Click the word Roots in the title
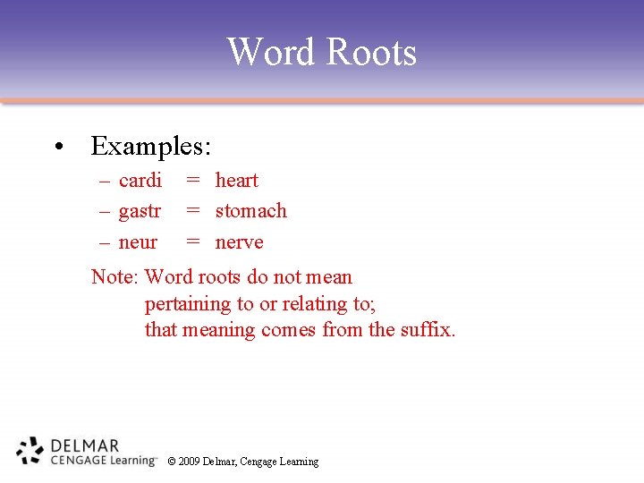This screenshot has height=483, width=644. pos(370,52)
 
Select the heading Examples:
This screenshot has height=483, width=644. pos(150,145)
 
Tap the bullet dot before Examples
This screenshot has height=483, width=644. pos(57,147)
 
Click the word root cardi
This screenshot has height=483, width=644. pos(140,181)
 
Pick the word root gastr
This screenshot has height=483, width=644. pos(140,212)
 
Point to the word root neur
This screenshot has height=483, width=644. pos(138,242)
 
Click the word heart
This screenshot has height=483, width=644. pos(237,181)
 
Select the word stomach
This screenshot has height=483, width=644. pos(251,211)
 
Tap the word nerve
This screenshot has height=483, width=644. pos(240,242)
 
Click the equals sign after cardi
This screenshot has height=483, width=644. pos(192,181)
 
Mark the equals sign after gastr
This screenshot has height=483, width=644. pos(192,211)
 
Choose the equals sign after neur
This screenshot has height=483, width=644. pos(192,242)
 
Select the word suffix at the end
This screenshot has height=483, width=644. pos(428,330)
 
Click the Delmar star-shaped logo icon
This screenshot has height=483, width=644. pos(30,451)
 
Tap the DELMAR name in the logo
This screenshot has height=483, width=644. pos(85,445)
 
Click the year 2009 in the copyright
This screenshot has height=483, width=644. pos(189,462)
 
